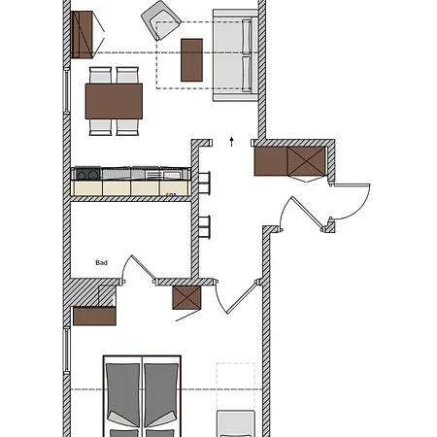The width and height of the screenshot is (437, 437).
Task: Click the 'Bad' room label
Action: click(x=101, y=262)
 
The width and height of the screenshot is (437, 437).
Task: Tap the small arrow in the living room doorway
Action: click(x=231, y=142)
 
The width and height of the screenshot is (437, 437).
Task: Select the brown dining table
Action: click(x=114, y=101)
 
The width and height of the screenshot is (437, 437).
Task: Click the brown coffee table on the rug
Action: click(x=191, y=60)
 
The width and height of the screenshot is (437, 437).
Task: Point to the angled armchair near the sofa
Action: click(x=161, y=20)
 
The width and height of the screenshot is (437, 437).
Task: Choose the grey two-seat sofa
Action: click(x=235, y=55)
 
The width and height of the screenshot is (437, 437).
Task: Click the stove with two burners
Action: click(x=87, y=174)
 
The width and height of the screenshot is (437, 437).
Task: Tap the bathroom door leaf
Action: click(x=144, y=267)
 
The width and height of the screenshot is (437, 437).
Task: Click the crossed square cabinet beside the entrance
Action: click(x=306, y=161)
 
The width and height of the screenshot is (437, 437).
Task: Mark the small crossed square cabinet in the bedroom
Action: click(x=186, y=298)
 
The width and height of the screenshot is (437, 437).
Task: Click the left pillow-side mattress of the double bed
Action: click(x=122, y=395)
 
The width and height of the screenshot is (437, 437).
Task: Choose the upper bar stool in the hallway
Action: click(x=204, y=183)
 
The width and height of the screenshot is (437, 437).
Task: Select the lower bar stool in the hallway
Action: click(x=204, y=227)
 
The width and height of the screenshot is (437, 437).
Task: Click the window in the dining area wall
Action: click(x=66, y=90)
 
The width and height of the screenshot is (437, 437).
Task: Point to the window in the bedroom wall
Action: click(x=66, y=351)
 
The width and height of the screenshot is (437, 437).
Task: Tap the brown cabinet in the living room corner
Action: click(x=82, y=35)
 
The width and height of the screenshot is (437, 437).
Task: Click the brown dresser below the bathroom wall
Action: click(x=94, y=316)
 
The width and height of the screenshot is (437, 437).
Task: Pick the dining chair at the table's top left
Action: click(x=100, y=75)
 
